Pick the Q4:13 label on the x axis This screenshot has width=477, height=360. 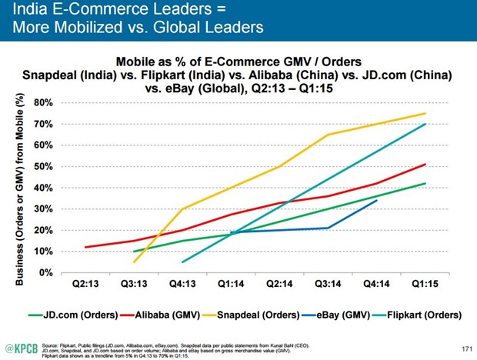182,283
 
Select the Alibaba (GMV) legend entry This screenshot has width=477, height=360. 165,315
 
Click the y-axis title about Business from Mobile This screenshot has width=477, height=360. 20,188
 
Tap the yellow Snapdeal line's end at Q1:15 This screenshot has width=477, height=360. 425,113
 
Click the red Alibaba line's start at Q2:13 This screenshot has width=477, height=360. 85,247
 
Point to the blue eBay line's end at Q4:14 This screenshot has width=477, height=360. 377,200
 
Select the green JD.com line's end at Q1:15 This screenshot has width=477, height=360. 425,183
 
